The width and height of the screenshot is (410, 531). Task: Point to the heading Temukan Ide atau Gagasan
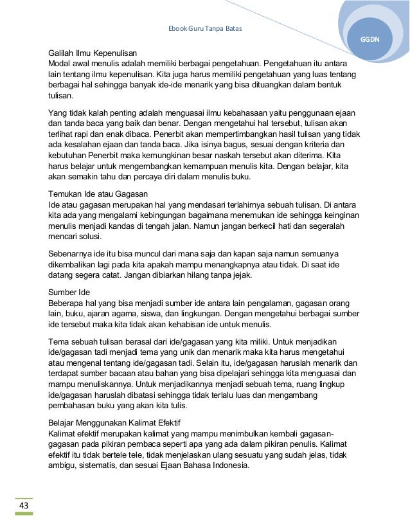coord(98,194)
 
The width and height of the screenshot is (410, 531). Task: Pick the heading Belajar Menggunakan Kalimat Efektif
coord(115,422)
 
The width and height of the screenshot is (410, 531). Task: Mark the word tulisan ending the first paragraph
coord(60,98)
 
